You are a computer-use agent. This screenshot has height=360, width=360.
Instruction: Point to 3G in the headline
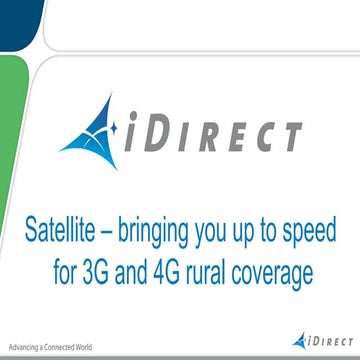pyautogui.click(x=119, y=270)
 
